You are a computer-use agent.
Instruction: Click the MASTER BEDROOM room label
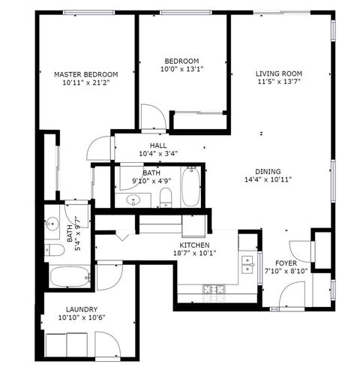click(86, 74)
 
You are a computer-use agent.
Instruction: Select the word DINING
click(267, 170)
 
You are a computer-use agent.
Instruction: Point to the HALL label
click(158, 146)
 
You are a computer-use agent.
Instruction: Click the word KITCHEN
click(194, 245)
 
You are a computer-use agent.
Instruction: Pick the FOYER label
click(286, 263)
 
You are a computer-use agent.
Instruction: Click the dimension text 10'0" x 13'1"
click(181, 70)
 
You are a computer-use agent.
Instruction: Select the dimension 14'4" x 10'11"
click(267, 179)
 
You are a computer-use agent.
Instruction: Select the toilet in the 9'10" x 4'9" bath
click(166, 198)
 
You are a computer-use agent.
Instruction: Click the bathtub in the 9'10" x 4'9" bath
click(190, 188)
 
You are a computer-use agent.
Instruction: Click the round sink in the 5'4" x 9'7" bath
click(52, 224)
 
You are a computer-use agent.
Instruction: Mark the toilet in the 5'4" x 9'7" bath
click(52, 251)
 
